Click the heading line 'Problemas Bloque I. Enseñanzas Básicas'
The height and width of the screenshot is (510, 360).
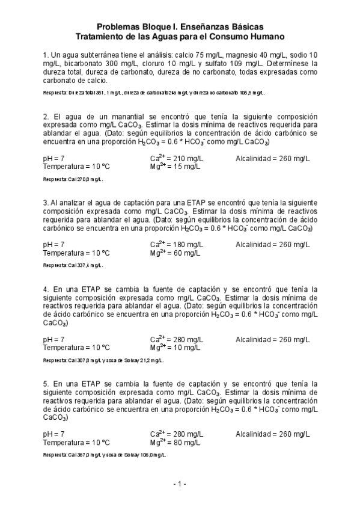[x=180, y=27]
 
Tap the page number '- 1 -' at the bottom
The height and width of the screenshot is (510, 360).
[x=180, y=484]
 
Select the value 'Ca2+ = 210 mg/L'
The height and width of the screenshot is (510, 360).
[x=176, y=159]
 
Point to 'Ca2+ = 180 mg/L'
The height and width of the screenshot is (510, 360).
[x=176, y=245]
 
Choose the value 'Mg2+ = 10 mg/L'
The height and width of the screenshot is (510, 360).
[x=175, y=348]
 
